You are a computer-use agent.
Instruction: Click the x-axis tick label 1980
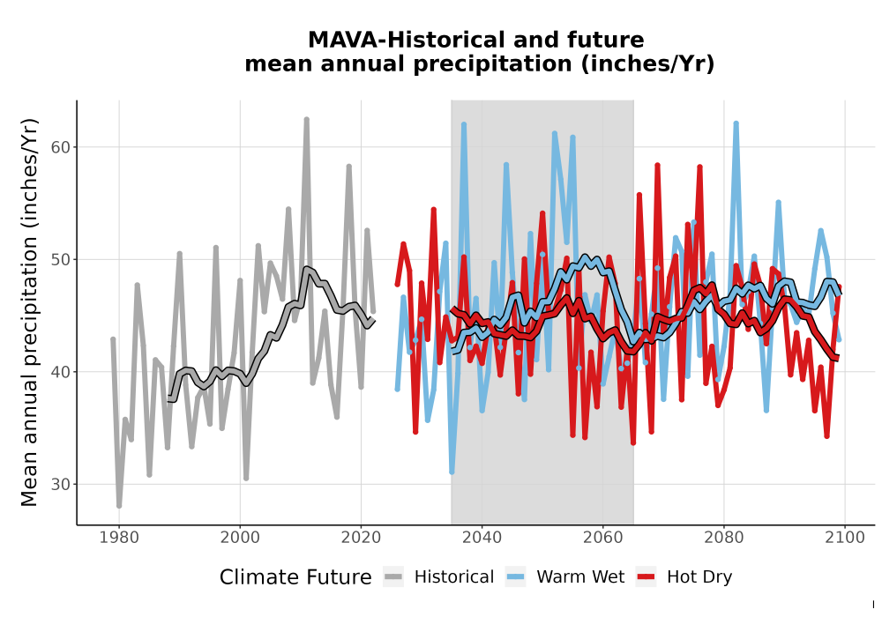coord(119,537)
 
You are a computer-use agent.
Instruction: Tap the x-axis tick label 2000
coord(240,537)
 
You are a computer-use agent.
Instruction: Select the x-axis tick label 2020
coord(361,537)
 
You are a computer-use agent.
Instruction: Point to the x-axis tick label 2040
coord(482,537)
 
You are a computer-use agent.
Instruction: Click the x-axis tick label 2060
coord(603,537)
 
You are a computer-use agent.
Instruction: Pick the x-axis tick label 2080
coord(724,537)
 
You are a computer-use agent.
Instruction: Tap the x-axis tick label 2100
coord(845,537)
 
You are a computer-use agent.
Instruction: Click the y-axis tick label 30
coord(61,485)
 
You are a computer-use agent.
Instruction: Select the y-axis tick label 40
coord(61,372)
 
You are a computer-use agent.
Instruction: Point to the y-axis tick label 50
coord(61,260)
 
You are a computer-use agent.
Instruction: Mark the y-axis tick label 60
coord(61,147)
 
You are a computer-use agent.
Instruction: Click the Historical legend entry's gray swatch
coord(393,576)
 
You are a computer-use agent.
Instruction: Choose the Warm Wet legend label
coord(580,576)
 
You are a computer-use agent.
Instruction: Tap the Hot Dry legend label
coord(699,577)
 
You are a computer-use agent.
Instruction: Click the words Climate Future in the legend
coord(295,577)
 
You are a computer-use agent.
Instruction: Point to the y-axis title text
coord(28,312)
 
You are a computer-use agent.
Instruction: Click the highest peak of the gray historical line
coord(307,119)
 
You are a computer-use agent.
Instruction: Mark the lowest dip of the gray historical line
coord(119,506)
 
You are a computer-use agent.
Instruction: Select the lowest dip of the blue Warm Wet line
coord(452,472)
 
